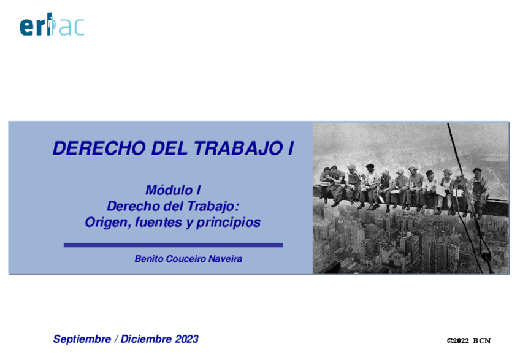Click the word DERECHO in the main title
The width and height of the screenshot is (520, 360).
tap(99, 148)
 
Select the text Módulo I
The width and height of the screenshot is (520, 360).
tap(173, 190)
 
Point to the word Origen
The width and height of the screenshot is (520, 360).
tap(108, 222)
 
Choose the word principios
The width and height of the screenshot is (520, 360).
tap(228, 222)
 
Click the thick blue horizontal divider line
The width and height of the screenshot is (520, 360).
tap(173, 245)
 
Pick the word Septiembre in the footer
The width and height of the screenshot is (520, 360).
tap(82, 339)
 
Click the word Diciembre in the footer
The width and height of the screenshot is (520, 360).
tap(146, 339)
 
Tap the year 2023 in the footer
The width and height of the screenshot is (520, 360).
tap(186, 339)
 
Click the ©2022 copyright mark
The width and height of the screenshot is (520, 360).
tap(457, 341)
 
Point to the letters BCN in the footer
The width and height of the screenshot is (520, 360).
tap(481, 341)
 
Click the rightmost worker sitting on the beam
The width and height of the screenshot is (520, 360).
tap(479, 191)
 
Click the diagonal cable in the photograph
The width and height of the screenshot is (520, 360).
tap(468, 196)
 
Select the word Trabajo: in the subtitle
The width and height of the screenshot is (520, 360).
tap(213, 207)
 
